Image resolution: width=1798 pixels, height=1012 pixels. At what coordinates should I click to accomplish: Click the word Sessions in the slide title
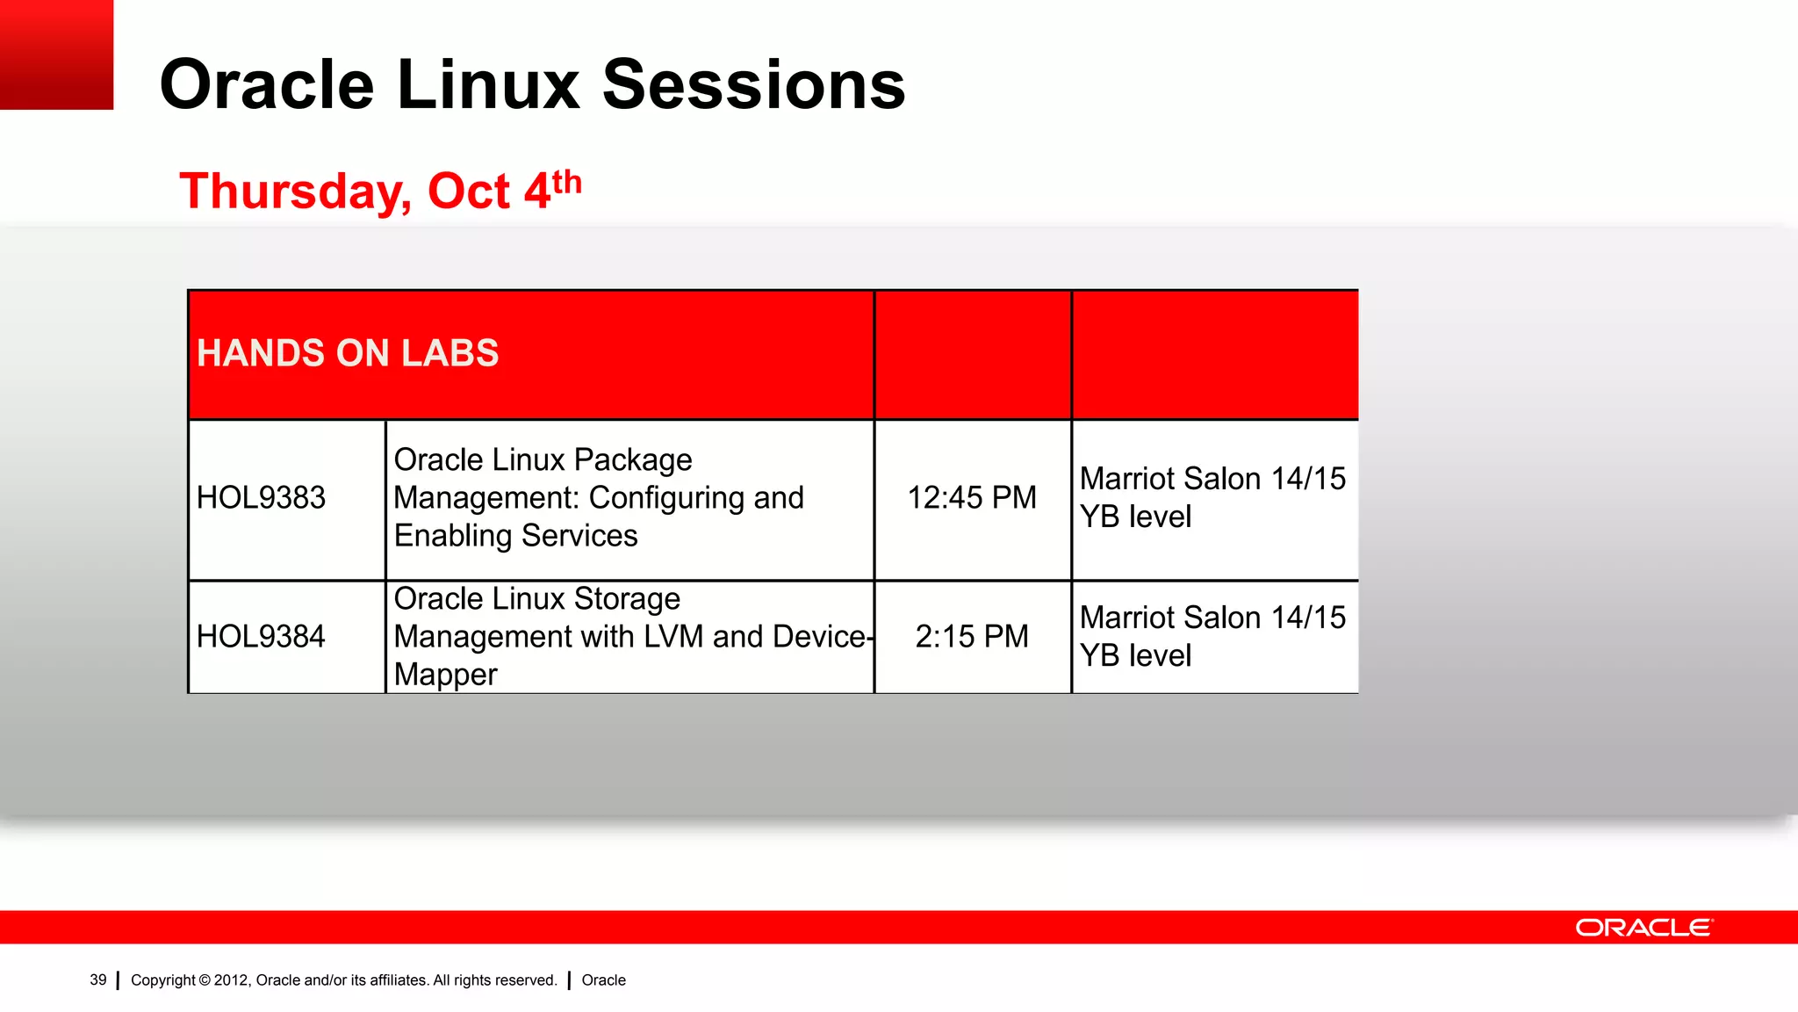[753, 85]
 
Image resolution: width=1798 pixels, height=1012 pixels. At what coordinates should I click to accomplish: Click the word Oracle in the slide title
[267, 85]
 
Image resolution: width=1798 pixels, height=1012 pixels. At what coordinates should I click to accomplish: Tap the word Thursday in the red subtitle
[295, 192]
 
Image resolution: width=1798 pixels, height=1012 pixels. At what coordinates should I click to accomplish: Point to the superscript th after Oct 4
[566, 182]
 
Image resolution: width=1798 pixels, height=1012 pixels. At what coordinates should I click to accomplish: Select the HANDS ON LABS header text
[348, 353]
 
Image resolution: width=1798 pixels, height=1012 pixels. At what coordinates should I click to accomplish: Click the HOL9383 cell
[261, 498]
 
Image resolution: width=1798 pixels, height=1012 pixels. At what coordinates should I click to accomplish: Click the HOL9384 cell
[261, 637]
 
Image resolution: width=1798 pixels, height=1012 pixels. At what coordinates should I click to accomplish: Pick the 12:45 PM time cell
[971, 498]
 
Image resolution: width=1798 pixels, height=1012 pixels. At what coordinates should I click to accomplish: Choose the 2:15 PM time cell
[971, 637]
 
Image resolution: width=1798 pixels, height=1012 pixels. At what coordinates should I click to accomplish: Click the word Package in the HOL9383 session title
[633, 460]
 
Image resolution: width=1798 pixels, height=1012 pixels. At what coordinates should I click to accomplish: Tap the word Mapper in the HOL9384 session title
[445, 675]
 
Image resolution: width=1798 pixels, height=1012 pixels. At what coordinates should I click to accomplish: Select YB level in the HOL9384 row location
[1134, 656]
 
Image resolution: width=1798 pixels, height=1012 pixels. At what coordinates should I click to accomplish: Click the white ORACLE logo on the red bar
[1643, 928]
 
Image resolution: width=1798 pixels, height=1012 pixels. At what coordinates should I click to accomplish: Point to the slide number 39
[98, 980]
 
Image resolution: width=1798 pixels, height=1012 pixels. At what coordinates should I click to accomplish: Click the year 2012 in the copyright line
[231, 980]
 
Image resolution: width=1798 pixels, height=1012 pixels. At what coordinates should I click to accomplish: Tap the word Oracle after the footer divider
[603, 980]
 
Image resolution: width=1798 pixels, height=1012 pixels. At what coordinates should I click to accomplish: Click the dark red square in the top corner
[56, 54]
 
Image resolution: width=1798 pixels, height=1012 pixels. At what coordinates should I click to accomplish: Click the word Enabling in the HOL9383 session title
[453, 536]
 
